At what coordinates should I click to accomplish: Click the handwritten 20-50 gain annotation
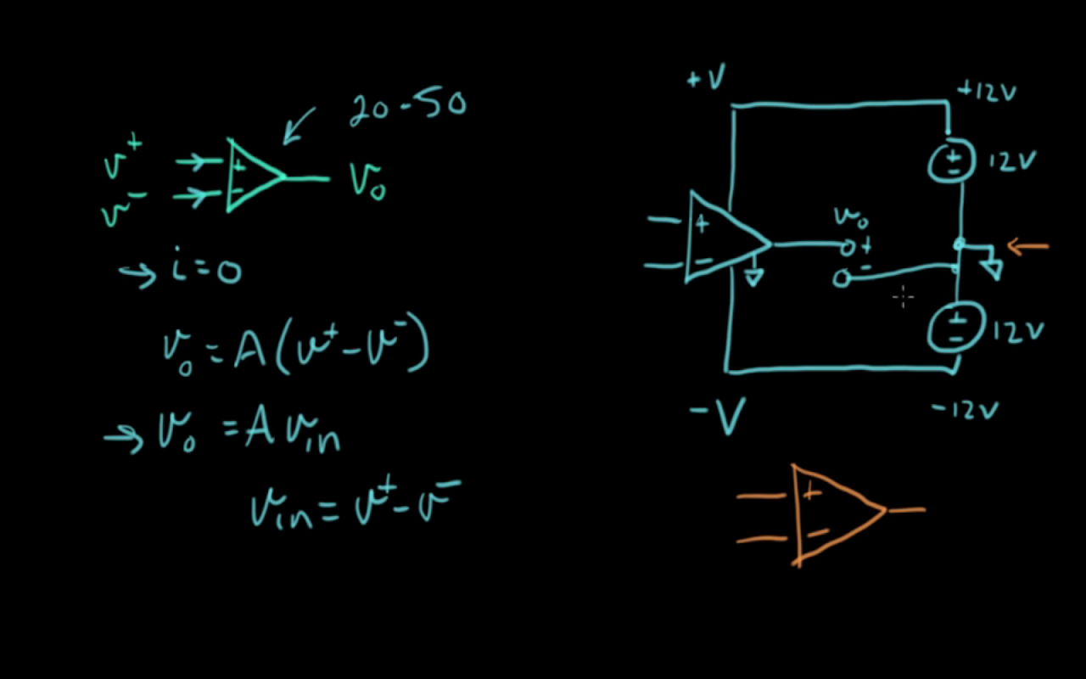point(408,107)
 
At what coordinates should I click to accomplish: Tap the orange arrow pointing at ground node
point(1027,247)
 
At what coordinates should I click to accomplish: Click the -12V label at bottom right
point(965,410)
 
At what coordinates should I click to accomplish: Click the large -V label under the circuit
point(718,416)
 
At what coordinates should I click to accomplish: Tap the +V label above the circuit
point(707,76)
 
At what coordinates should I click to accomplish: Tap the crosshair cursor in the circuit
point(904,297)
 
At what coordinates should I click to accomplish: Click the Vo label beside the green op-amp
point(367,182)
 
